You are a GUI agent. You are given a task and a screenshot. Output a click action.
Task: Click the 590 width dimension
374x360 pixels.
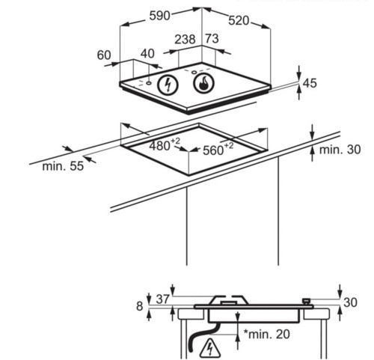point(159,16)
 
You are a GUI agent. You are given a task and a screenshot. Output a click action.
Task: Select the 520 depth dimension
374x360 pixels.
point(239,20)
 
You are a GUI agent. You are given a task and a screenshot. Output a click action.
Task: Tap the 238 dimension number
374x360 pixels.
point(185,40)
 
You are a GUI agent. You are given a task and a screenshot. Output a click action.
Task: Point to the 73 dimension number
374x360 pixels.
point(212,39)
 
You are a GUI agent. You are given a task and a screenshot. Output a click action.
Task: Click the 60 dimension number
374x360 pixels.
point(104,55)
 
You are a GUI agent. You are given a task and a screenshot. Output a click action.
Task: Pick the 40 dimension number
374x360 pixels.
point(147,54)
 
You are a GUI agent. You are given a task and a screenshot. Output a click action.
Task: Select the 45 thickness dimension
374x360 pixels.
point(310,83)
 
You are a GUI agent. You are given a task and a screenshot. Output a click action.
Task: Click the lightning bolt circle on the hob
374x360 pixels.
point(168,85)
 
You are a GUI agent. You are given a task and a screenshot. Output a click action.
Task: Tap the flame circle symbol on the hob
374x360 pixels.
point(203,84)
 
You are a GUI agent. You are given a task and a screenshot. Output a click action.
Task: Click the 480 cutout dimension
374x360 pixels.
point(165,145)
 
